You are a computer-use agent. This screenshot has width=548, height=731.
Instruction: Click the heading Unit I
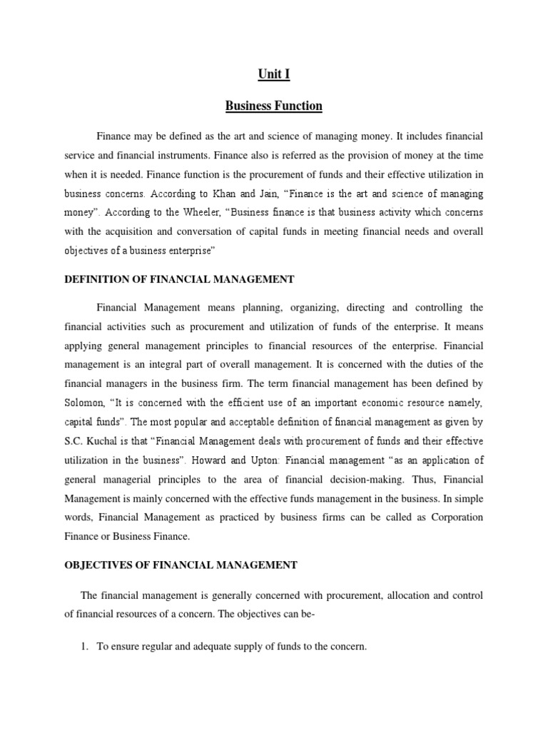[274, 74]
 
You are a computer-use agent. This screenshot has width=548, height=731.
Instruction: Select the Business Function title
[274, 106]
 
